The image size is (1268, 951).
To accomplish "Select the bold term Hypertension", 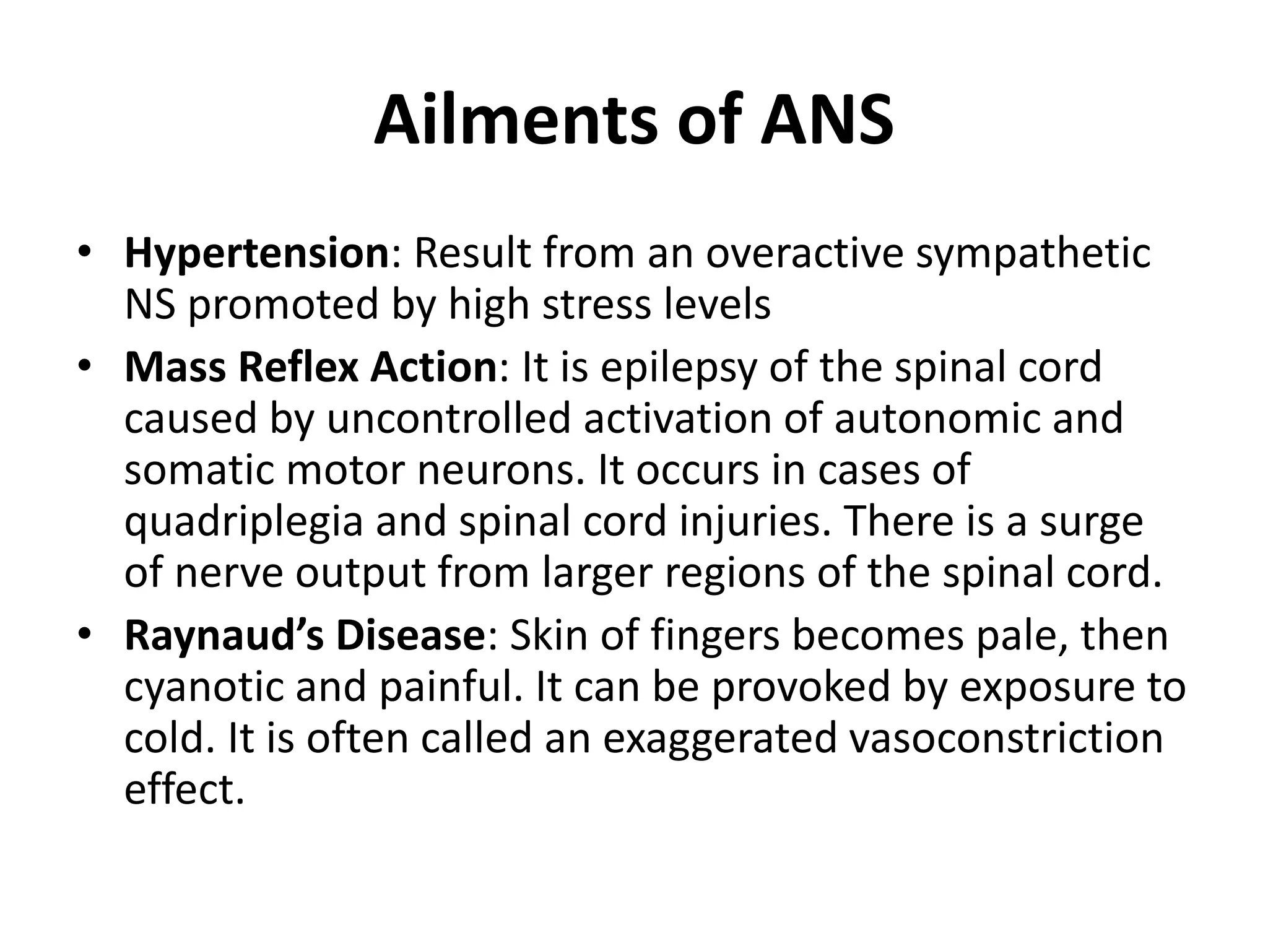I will pos(256,254).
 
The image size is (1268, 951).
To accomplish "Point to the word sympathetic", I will pos(1033,254).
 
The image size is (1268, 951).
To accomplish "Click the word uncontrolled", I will pos(448,419).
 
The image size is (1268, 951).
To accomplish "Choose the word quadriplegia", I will pos(243,523).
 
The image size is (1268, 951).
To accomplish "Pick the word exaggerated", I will pos(719,739).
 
